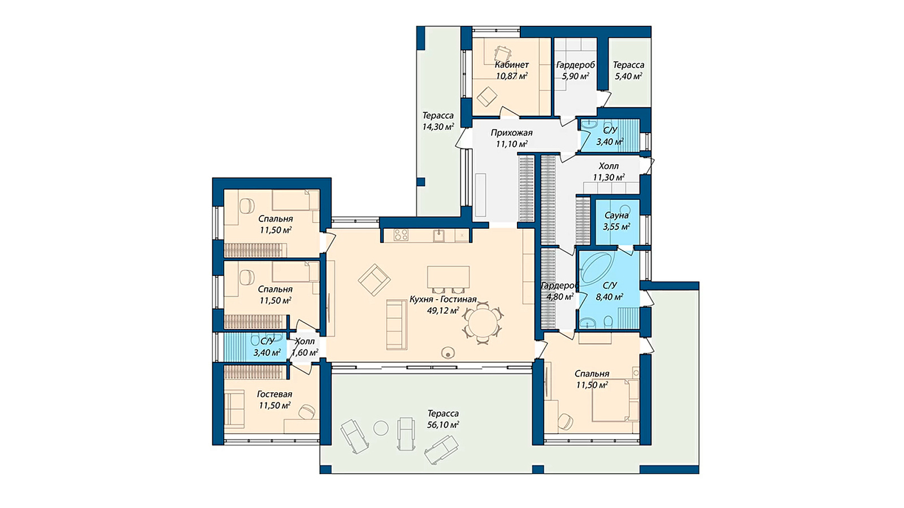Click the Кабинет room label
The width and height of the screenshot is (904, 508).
512,64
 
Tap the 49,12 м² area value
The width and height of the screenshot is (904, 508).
443,310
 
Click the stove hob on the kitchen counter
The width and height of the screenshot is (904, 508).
401,235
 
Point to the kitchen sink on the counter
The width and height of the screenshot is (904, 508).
439,235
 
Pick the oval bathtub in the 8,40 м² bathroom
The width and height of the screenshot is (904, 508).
597,268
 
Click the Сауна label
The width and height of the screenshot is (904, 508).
616,215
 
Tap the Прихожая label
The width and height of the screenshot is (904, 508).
511,133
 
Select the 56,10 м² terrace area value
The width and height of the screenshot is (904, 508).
443,425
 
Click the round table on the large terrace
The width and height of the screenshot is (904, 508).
381,428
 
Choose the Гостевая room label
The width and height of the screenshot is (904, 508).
275,394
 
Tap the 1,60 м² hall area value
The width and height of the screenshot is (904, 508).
305,353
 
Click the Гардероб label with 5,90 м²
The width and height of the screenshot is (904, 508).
575,65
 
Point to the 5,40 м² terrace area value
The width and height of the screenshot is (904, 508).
628,76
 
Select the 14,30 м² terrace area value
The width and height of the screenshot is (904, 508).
438,126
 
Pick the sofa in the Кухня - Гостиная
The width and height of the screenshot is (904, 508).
397,324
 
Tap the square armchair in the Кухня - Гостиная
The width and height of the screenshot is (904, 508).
374,280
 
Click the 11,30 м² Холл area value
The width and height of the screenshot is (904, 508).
609,177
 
